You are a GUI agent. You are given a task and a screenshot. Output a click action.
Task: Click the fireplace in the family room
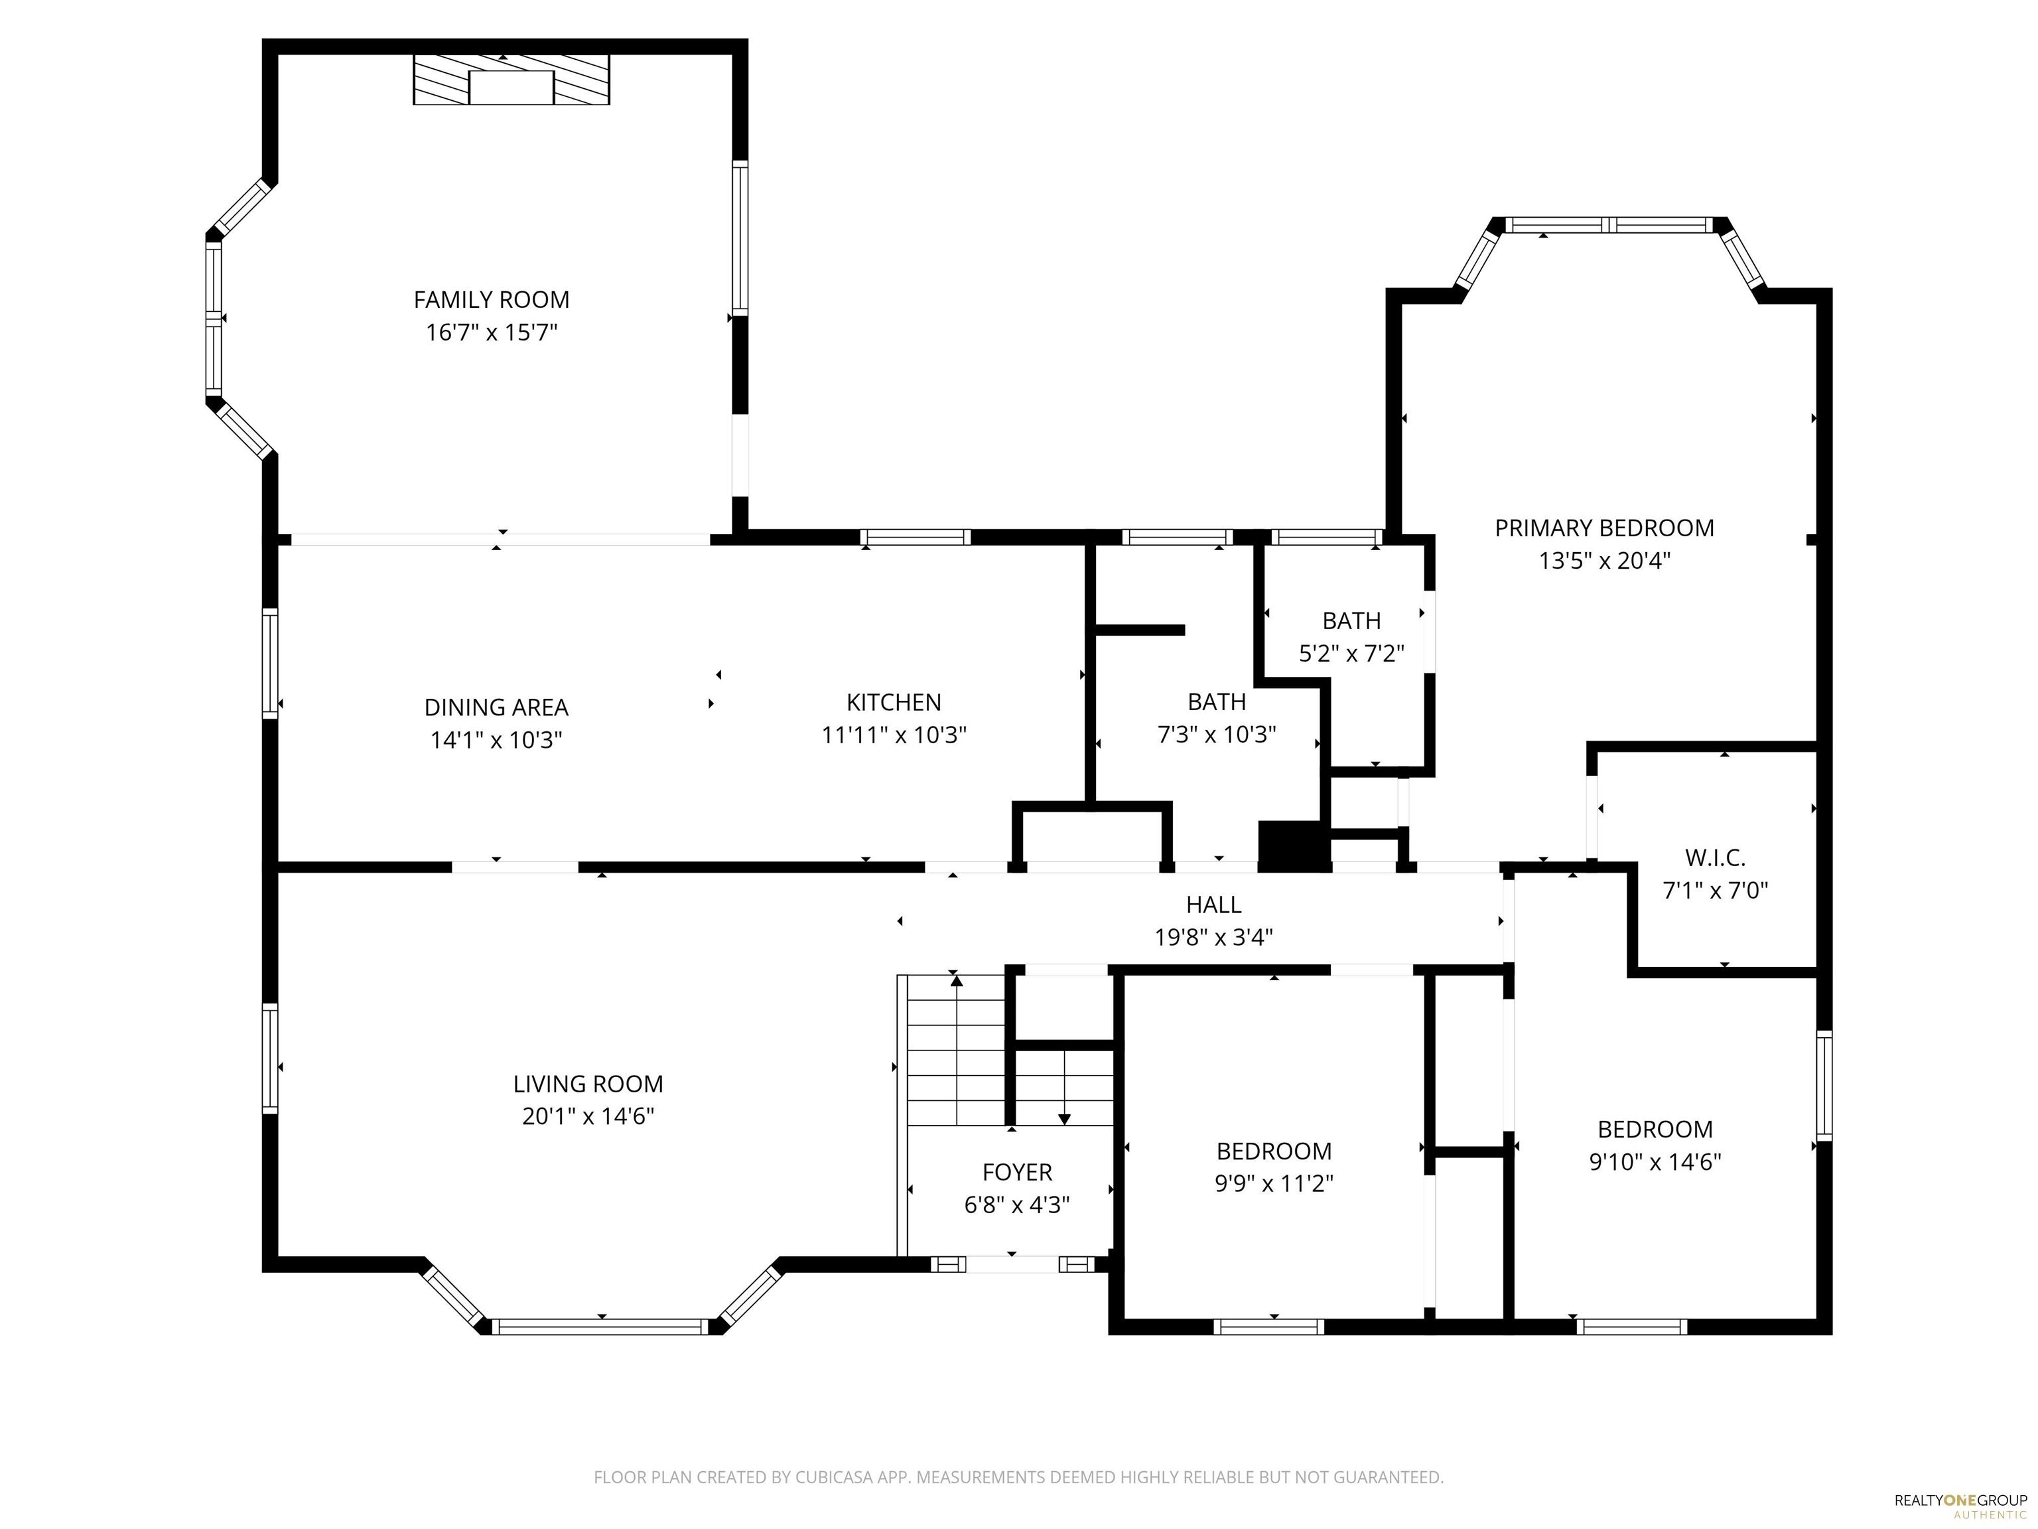pyautogui.click(x=511, y=79)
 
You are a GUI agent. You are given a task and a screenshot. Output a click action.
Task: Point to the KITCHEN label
pyautogui.click(x=894, y=702)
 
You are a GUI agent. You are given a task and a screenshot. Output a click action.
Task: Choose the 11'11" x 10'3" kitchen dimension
pyautogui.click(x=894, y=735)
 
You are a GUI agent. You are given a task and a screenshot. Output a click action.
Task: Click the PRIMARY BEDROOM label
pyautogui.click(x=1604, y=528)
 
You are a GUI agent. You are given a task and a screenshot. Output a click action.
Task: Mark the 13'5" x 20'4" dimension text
pyautogui.click(x=1604, y=560)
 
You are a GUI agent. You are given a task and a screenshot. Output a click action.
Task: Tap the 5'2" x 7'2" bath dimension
pyautogui.click(x=1351, y=654)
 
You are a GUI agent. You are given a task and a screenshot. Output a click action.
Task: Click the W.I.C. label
pyautogui.click(x=1716, y=858)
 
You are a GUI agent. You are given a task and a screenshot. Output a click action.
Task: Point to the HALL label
pyautogui.click(x=1213, y=905)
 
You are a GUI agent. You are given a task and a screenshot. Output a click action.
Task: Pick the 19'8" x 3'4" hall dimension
pyautogui.click(x=1213, y=937)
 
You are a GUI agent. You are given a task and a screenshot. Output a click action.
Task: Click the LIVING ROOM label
pyautogui.click(x=588, y=1084)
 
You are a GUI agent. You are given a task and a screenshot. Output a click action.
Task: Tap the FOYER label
pyautogui.click(x=1017, y=1173)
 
